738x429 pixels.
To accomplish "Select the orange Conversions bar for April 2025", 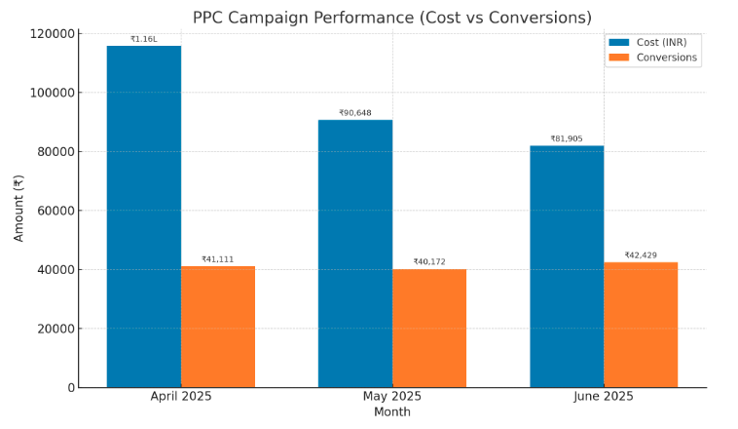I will click(x=217, y=327).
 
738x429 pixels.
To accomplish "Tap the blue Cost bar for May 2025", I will click(x=354, y=253).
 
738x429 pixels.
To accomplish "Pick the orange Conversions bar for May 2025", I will click(x=428, y=328).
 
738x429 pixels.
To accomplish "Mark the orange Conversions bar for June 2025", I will click(x=641, y=325).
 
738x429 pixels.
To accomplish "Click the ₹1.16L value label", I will click(x=143, y=39).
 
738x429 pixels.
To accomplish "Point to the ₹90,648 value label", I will click(x=354, y=113).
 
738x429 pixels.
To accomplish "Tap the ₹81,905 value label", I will click(x=567, y=138).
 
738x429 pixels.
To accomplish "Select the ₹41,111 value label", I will click(x=217, y=259).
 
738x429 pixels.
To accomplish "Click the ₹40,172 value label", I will click(x=428, y=261).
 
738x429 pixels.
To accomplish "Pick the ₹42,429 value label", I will click(x=641, y=255).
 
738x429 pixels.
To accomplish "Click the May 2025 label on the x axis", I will click(x=392, y=396).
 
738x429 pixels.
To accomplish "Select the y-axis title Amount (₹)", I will click(x=18, y=209).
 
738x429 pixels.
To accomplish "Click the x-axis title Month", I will click(x=392, y=412).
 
